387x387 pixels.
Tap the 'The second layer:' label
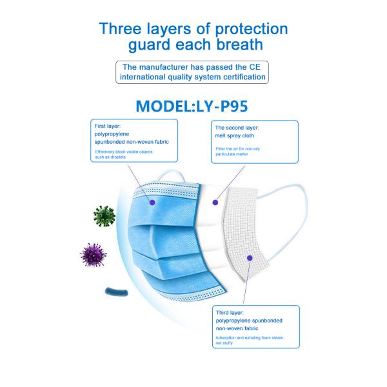pos(237,128)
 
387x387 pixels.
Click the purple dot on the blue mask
pos(152,203)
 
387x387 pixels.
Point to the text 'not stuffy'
pos(224,343)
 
